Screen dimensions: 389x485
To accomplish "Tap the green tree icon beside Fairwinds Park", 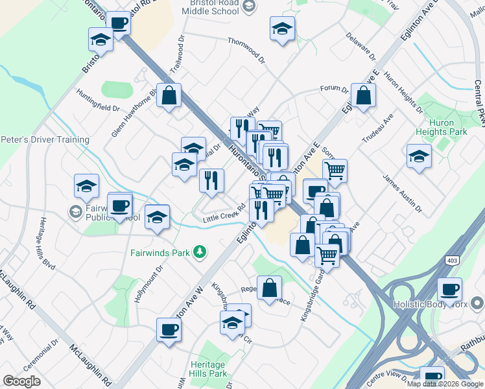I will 201,252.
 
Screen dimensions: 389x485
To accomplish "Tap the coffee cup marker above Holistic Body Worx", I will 449,289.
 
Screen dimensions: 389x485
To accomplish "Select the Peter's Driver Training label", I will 45,139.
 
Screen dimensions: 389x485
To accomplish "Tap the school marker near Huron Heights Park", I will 419,156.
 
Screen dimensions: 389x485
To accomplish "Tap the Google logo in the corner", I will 21,381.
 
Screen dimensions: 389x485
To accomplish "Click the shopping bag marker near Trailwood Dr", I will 169,96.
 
